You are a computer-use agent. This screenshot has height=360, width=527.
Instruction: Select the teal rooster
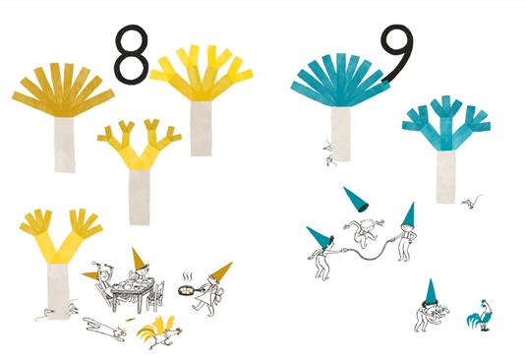[x=481, y=316]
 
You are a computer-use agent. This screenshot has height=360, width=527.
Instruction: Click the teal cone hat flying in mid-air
[x=356, y=199]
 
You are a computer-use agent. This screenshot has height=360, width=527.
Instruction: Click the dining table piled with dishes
[x=132, y=291]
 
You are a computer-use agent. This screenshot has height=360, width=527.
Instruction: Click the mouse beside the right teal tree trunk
[x=471, y=202]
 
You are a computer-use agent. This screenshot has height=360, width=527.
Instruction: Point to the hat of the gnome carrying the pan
[x=221, y=270]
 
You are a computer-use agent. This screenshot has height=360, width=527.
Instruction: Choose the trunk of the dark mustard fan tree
[x=65, y=145]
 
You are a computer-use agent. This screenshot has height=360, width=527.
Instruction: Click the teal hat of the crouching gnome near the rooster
[x=431, y=292]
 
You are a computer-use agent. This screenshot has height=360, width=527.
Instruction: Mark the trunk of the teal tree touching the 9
[x=341, y=134]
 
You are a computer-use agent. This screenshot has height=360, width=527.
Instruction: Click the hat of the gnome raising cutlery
[x=91, y=275]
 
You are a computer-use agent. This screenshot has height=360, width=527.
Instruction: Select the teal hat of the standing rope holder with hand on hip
[x=408, y=215]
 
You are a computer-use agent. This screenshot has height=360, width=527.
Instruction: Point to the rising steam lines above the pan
[x=188, y=278]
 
